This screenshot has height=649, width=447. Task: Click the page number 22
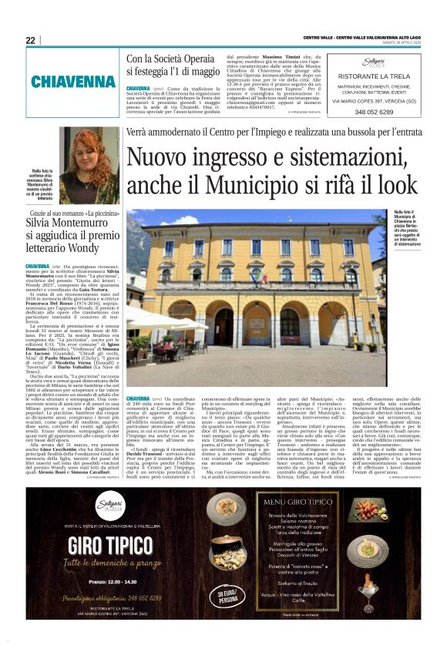[x=31, y=40]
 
